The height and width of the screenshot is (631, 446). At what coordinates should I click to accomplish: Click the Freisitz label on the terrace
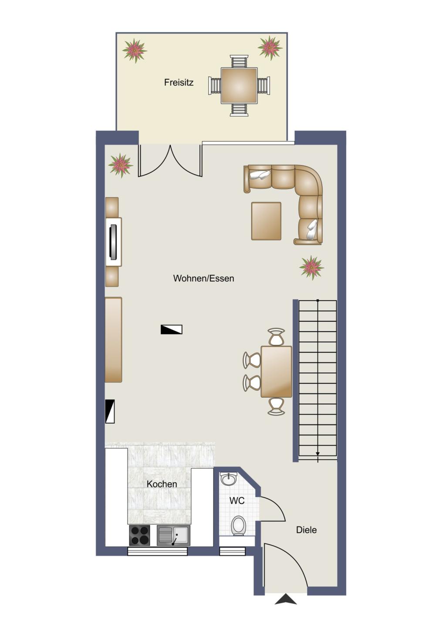click(x=179, y=83)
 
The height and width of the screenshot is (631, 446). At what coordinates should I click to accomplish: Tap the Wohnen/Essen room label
click(x=203, y=278)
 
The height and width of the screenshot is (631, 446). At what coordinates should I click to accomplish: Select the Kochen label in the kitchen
click(x=162, y=484)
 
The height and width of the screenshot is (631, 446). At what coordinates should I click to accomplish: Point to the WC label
click(x=237, y=500)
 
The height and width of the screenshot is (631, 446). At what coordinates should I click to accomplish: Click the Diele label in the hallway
click(x=306, y=530)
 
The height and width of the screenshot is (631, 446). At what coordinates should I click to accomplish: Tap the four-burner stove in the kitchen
click(x=139, y=536)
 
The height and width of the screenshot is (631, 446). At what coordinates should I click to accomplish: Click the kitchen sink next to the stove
click(x=173, y=536)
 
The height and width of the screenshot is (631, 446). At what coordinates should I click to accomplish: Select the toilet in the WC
click(x=239, y=526)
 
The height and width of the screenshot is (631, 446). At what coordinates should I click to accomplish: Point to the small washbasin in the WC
click(x=230, y=479)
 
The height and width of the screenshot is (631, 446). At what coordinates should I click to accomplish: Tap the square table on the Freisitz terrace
click(x=239, y=85)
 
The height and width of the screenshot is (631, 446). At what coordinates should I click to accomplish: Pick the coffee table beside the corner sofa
click(x=266, y=221)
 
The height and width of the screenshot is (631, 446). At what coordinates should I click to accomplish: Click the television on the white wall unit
click(x=113, y=242)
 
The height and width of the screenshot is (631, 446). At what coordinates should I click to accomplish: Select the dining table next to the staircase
click(x=276, y=371)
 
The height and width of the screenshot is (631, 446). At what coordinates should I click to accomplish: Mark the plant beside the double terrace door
click(x=121, y=165)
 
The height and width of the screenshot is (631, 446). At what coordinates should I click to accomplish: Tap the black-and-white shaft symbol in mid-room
click(x=171, y=329)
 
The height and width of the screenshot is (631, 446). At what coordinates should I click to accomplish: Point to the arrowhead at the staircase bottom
click(x=318, y=454)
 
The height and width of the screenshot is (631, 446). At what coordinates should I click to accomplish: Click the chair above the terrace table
click(x=239, y=61)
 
